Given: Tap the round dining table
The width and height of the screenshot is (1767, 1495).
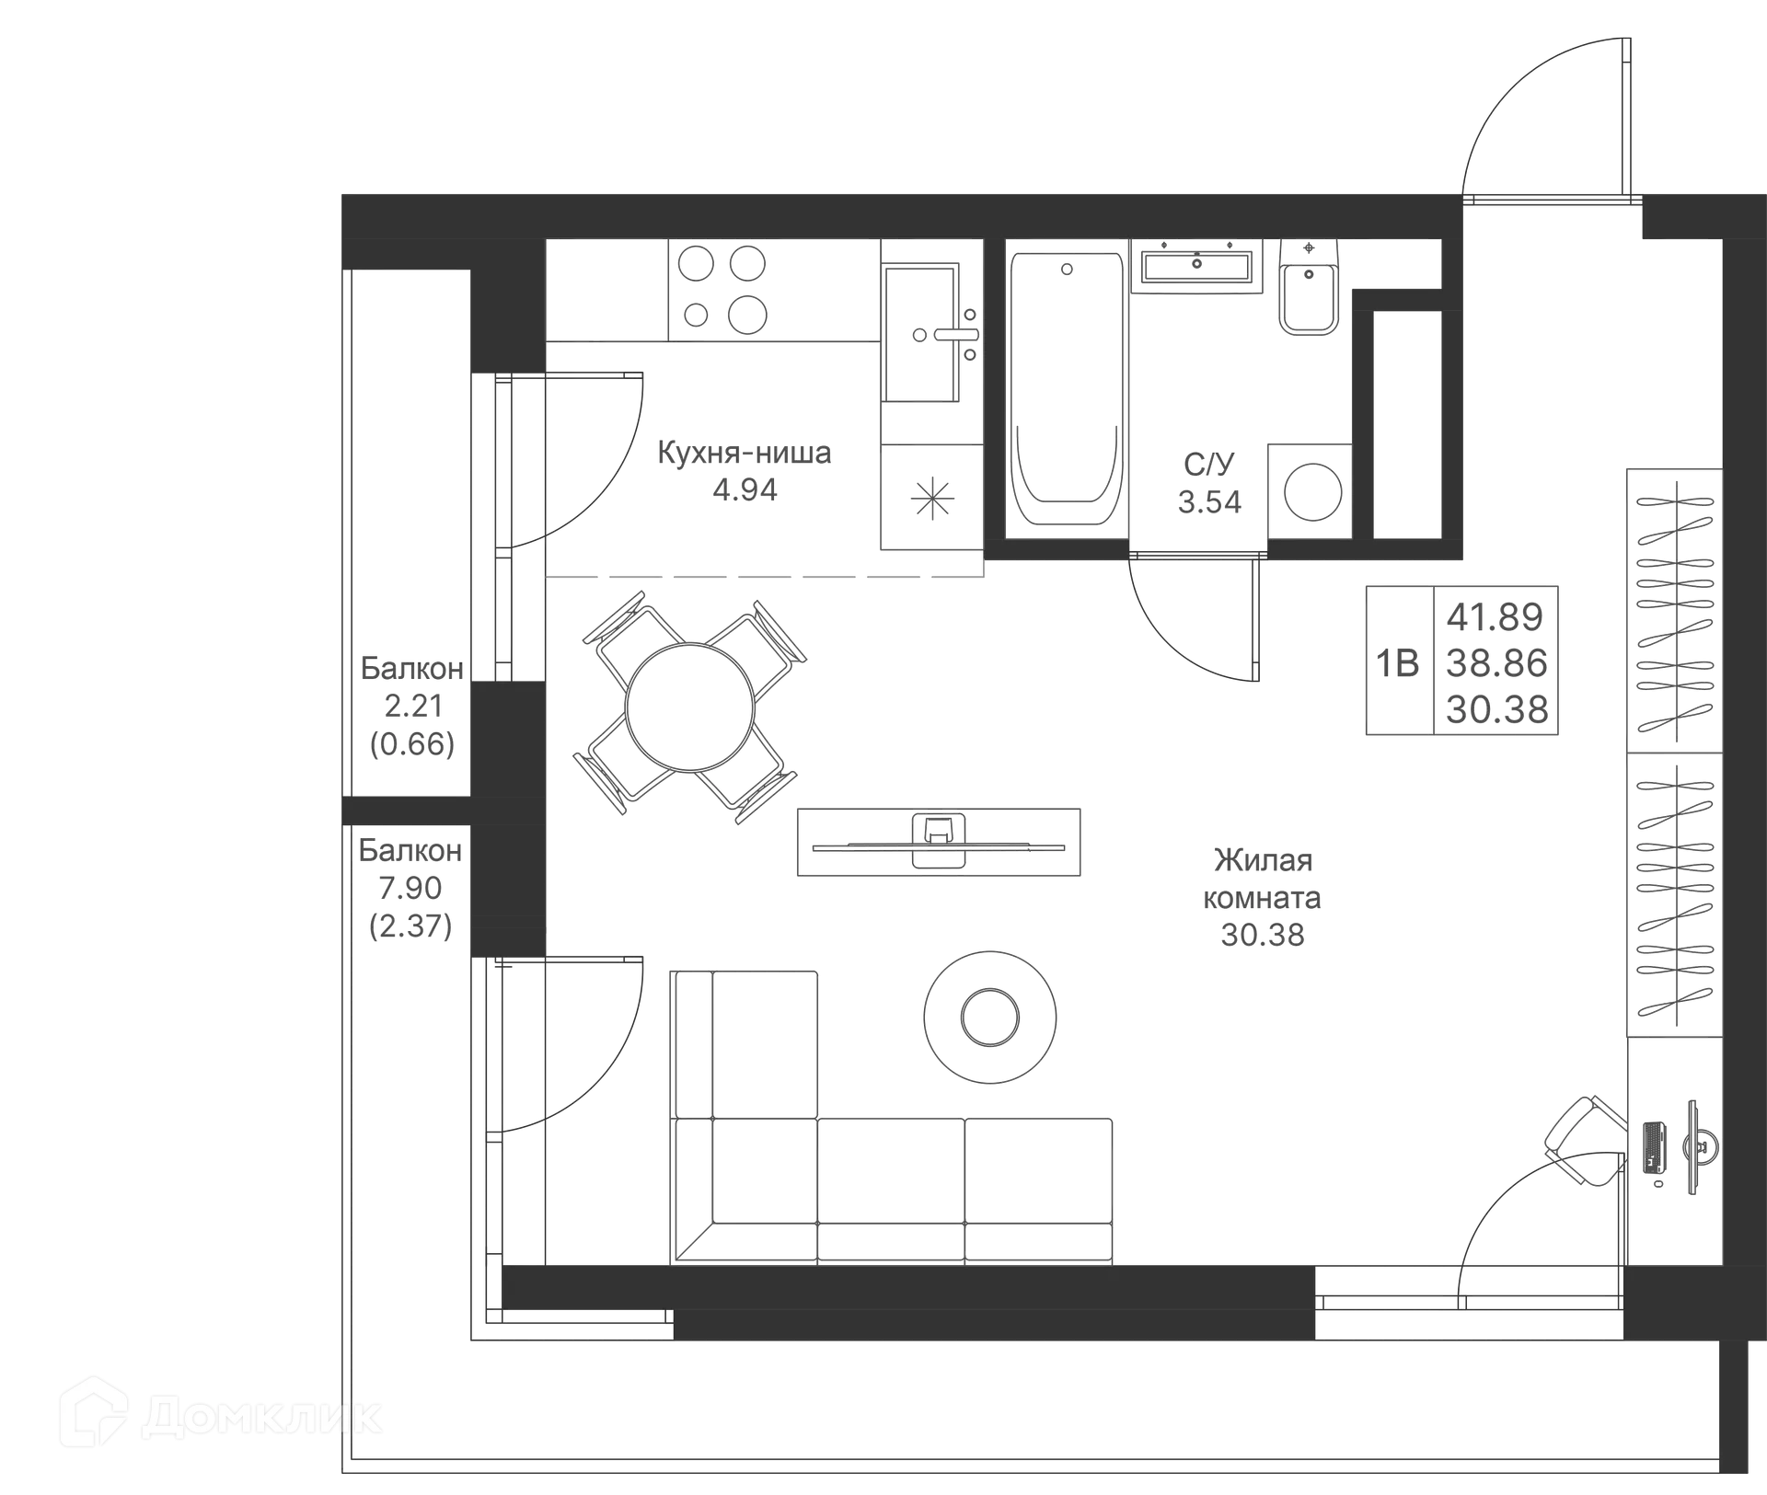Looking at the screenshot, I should pyautogui.click(x=690, y=706).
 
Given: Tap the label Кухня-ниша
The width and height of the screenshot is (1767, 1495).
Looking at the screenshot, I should pyautogui.click(x=744, y=454).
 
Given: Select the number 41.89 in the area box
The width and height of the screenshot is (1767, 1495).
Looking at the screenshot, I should pyautogui.click(x=1496, y=614).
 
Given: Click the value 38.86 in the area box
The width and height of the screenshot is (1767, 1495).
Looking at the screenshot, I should pyautogui.click(x=1496, y=662).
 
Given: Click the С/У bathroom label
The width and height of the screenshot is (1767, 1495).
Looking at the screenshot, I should pyautogui.click(x=1208, y=465).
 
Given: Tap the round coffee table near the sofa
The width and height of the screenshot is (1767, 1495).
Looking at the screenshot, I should pyautogui.click(x=989, y=1015).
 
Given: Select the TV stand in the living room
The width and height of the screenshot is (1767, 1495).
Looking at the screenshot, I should pyautogui.click(x=941, y=843).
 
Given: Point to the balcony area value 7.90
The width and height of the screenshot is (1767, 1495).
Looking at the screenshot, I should pyautogui.click(x=411, y=888).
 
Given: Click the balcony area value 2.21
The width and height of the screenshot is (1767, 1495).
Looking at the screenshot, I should pyautogui.click(x=411, y=707).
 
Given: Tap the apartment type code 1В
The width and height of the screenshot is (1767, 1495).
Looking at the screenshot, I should pyautogui.click(x=1397, y=662).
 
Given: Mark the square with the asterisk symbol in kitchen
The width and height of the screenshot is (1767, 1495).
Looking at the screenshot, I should pyautogui.click(x=930, y=498).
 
